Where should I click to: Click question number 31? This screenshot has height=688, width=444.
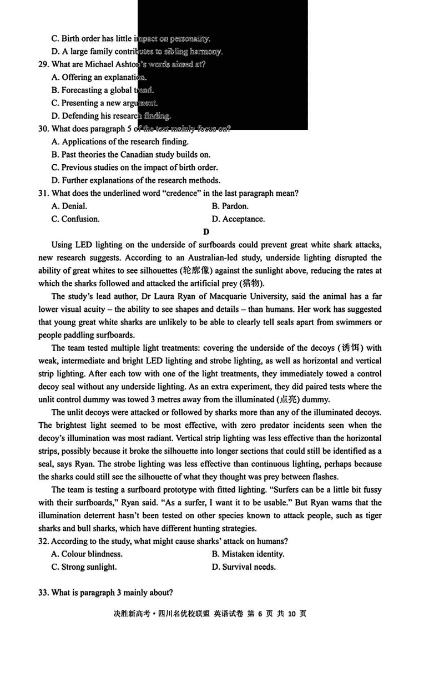point(43,193)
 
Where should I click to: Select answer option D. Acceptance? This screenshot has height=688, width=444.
point(238,219)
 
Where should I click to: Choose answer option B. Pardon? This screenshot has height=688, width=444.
point(230,206)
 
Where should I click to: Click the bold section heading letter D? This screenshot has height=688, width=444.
point(206,232)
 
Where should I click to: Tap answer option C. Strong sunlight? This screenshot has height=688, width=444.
point(84,567)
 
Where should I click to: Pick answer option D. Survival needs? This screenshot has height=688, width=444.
point(244,567)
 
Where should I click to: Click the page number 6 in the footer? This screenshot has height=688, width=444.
point(259,614)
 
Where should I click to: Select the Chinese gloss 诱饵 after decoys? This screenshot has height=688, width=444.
point(351,348)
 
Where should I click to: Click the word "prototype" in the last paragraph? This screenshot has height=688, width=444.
point(181,490)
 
